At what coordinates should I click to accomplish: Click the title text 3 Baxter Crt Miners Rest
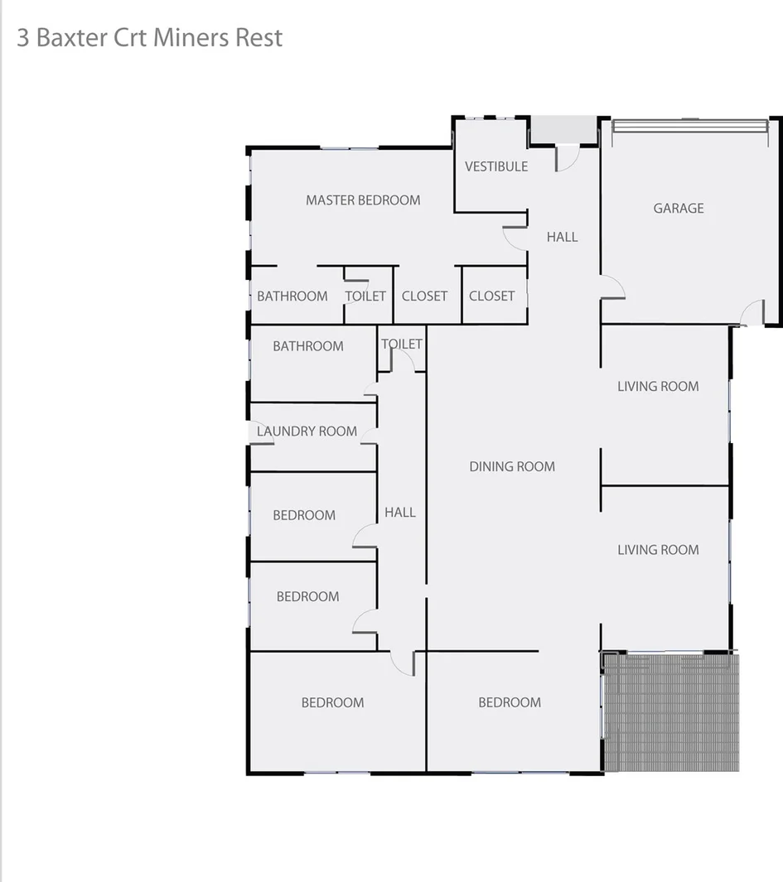point(149,38)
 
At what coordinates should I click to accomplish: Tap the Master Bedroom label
point(363,200)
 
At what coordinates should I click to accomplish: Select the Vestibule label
point(496,166)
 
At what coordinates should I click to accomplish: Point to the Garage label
point(679,208)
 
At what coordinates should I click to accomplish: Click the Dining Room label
point(512,466)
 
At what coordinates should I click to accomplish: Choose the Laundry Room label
point(307,431)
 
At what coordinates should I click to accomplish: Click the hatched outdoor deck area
point(671,712)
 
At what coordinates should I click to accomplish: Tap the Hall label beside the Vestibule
point(562,237)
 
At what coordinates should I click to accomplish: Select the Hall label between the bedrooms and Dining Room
point(400,513)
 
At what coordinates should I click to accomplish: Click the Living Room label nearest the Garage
point(658,386)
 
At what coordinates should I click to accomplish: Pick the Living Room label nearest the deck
point(658,549)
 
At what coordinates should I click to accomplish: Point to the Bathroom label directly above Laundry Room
point(308,346)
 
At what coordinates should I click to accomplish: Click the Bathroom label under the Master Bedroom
point(292,296)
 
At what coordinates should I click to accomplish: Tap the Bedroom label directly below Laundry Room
point(304,515)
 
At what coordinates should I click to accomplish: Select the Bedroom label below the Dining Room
point(510,702)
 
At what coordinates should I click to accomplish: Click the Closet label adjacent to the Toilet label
point(424,296)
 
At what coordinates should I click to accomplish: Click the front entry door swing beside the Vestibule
point(568,158)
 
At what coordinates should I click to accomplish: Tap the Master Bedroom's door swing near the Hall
point(515,237)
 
